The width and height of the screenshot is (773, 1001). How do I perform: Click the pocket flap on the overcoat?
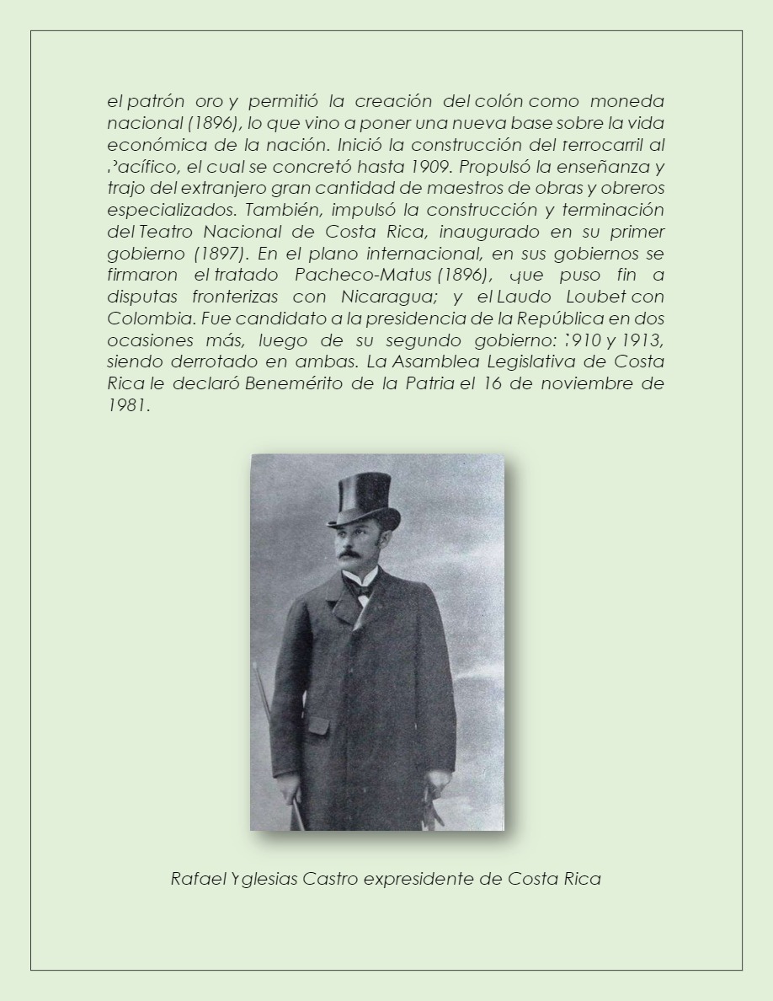[318, 725]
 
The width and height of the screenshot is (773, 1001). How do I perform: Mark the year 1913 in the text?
[638, 341]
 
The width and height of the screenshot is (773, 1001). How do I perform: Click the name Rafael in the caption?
[192, 879]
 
